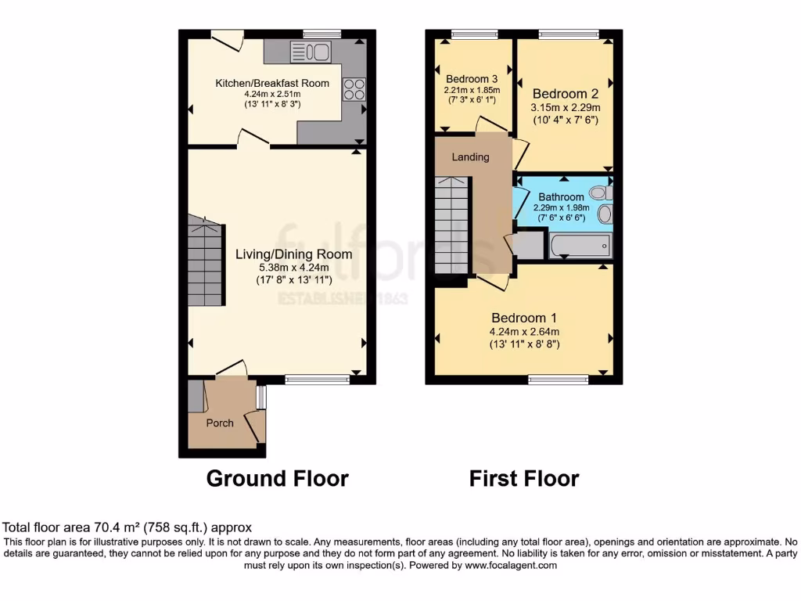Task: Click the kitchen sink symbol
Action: [x=311, y=52]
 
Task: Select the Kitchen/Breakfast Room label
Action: [x=272, y=83]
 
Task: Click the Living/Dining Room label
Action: [x=294, y=254]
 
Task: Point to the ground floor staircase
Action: [x=205, y=261]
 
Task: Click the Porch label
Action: [x=220, y=423]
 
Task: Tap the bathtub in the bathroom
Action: [x=580, y=246]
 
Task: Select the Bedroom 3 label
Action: [x=472, y=79]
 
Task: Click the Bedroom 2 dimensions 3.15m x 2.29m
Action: [x=566, y=108]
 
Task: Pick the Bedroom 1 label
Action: [x=524, y=318]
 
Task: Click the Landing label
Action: [x=471, y=157]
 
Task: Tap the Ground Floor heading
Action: [x=277, y=478]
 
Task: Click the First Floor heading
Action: [x=524, y=478]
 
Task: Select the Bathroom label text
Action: [x=561, y=197]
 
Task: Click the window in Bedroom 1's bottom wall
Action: [x=559, y=380]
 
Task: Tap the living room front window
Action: [x=317, y=380]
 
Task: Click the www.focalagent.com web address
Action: [x=512, y=565]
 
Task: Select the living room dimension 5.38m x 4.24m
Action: [x=294, y=268]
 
